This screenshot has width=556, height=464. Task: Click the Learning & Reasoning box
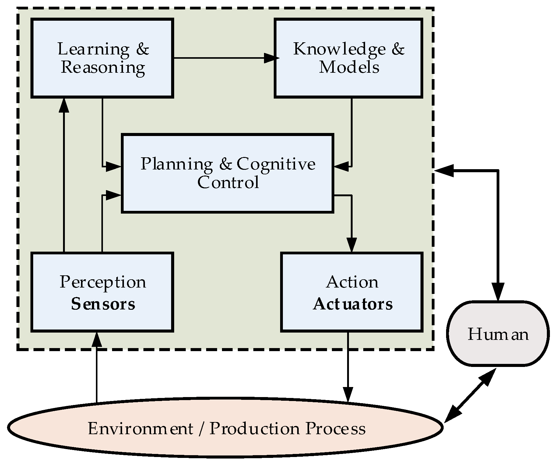click(102, 58)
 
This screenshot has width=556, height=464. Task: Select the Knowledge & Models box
click(348, 58)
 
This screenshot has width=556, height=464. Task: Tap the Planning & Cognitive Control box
click(227, 173)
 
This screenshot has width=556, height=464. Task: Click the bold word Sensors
click(103, 304)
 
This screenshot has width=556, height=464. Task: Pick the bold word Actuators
click(353, 304)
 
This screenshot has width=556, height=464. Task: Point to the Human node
click(498, 334)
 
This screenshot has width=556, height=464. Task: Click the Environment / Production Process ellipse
click(225, 428)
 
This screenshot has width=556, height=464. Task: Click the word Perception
click(103, 282)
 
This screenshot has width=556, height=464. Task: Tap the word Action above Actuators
click(352, 282)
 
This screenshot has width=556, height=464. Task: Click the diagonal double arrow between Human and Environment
click(471, 396)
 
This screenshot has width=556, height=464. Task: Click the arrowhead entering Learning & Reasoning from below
click(64, 105)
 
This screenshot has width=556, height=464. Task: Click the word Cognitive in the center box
click(276, 164)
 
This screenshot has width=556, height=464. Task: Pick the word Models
click(349, 68)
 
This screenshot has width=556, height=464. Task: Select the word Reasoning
click(103, 68)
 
